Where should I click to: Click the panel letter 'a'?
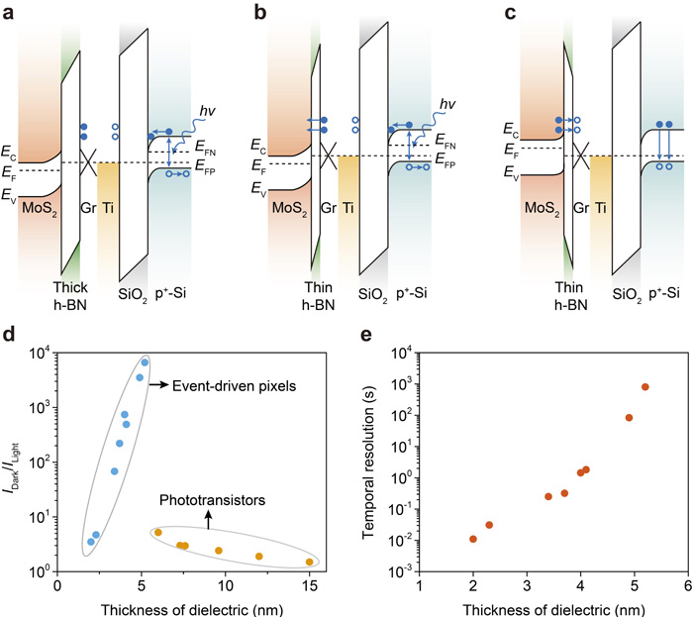pyautogui.click(x=9, y=12)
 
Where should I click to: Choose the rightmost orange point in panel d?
pyautogui.click(x=310, y=562)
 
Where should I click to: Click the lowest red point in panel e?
pyautogui.click(x=473, y=539)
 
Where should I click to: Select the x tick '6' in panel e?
pyautogui.click(x=688, y=585)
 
